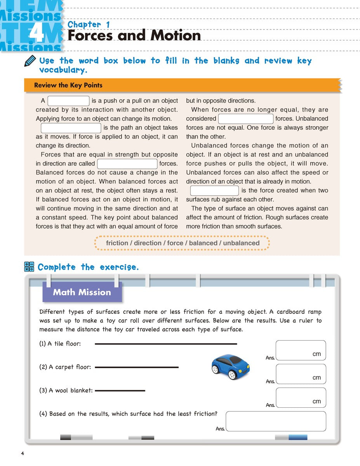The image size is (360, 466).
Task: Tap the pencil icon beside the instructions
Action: click(30, 61)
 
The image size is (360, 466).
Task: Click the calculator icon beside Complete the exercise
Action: click(29, 266)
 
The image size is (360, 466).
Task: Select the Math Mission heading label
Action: click(82, 292)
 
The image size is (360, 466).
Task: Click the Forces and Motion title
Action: click(134, 36)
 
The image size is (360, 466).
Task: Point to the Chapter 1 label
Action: click(89, 24)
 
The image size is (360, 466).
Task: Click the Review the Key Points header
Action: click(68, 85)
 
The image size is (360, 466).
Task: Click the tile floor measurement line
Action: click(166, 344)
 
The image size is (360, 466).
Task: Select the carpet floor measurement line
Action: click(137, 367)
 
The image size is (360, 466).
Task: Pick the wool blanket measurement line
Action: click(120, 390)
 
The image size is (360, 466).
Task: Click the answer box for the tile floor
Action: click(301, 350)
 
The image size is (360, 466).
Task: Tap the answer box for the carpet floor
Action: click(301, 374)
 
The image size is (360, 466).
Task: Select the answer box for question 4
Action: click(276, 421)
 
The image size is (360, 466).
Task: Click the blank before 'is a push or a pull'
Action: click(68, 101)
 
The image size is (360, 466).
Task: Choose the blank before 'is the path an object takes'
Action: click(71, 128)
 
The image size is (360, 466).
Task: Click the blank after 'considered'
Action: click(246, 119)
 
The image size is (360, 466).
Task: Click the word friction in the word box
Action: click(117, 243)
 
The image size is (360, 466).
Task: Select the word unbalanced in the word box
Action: click(241, 243)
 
